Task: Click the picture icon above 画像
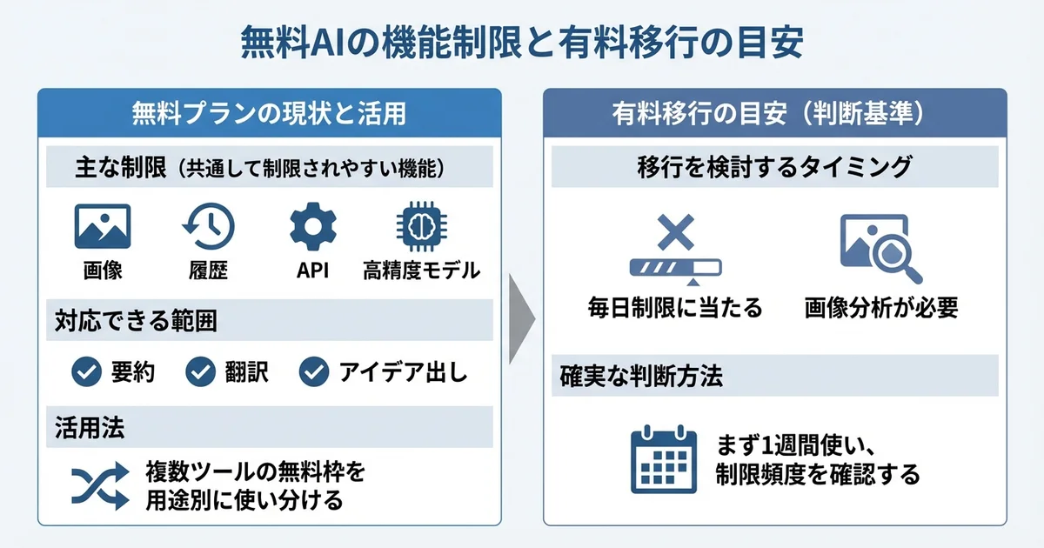103,227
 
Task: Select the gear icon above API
311,227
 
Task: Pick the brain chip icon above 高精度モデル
420,227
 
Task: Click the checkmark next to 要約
85,372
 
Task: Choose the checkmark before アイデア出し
313,372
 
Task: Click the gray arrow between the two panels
522,308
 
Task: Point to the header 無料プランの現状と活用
269,113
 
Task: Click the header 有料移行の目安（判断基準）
775,113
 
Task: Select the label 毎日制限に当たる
674,307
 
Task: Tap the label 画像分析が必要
880,307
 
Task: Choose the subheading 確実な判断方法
643,378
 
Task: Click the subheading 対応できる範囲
137,322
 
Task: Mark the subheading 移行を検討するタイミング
775,168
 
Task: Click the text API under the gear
311,270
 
